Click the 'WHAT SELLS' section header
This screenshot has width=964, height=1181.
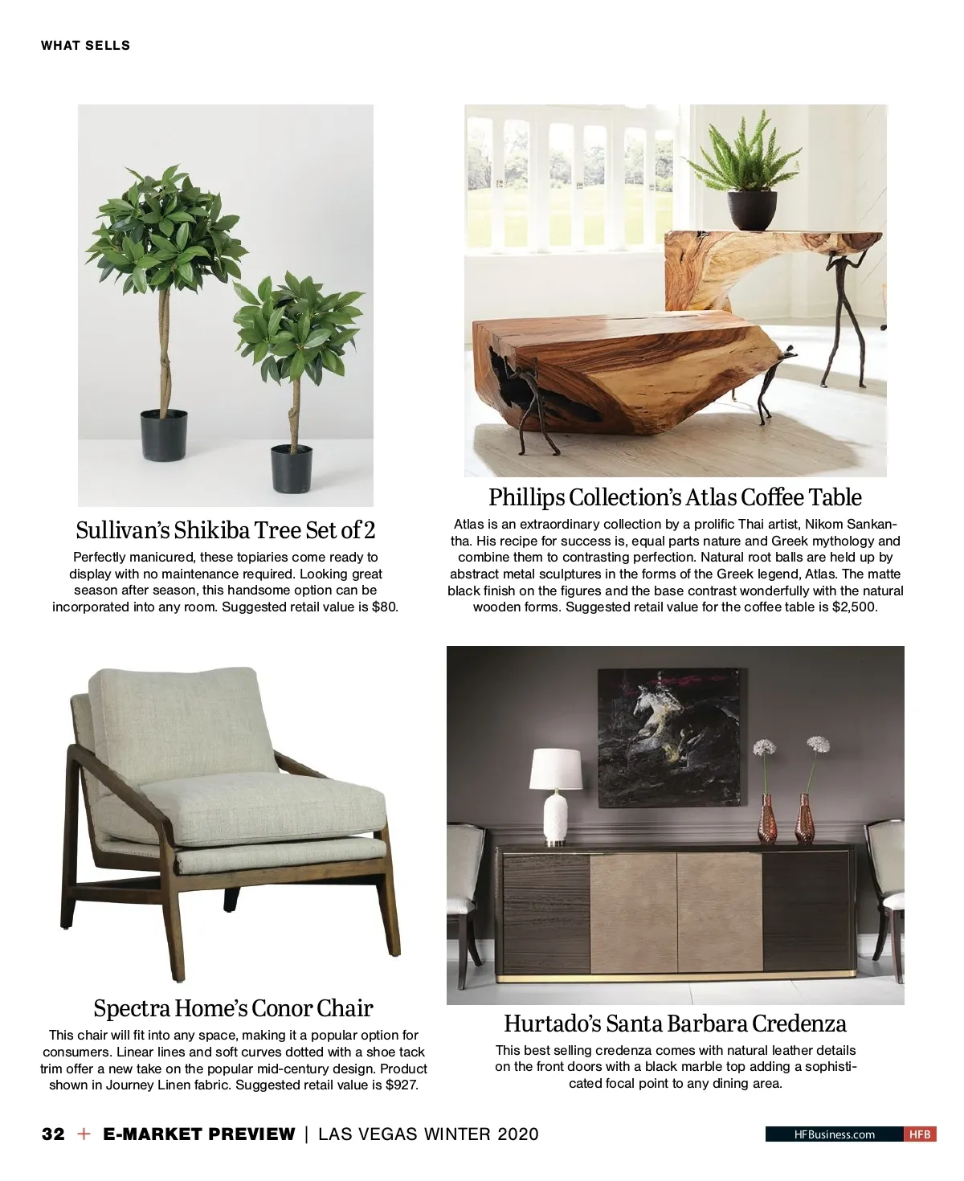85,46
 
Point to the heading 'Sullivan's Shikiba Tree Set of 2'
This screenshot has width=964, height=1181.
225,530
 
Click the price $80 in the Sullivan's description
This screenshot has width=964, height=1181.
385,607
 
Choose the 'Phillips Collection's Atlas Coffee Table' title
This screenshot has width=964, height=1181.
675,497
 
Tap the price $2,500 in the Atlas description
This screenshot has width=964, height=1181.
854,607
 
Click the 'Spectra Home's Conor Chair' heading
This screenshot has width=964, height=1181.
233,1008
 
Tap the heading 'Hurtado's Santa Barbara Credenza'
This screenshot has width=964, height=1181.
675,1024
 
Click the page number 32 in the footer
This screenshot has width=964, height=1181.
53,1134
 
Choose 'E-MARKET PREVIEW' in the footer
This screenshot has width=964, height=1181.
199,1134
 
